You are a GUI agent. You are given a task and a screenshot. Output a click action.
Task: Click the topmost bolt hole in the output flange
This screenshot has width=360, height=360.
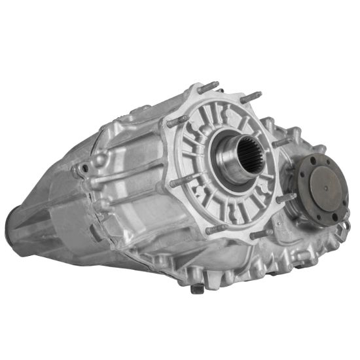pos(314,159)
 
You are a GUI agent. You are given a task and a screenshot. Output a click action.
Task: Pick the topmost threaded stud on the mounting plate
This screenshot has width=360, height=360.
pos(208,86)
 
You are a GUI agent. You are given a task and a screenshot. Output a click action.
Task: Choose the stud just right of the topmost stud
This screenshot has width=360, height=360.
pos(251,97)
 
